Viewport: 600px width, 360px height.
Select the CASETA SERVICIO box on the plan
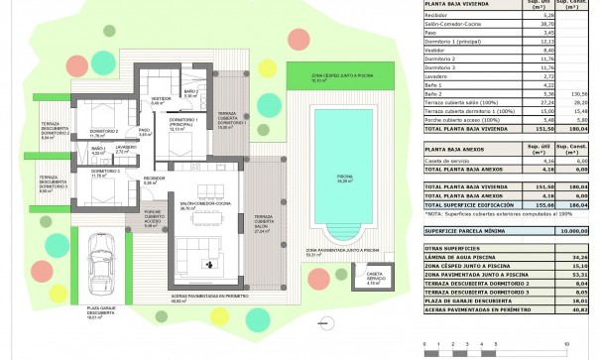click(x=376, y=277)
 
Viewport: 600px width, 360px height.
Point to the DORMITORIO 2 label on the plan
click(x=105, y=132)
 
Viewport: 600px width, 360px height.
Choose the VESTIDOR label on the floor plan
click(x=163, y=99)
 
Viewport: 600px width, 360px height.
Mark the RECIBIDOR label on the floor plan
click(x=152, y=180)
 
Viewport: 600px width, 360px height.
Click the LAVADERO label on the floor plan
click(x=125, y=148)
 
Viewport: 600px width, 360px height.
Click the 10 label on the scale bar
click(x=566, y=341)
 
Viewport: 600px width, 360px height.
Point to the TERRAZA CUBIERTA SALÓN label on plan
click(x=263, y=221)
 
